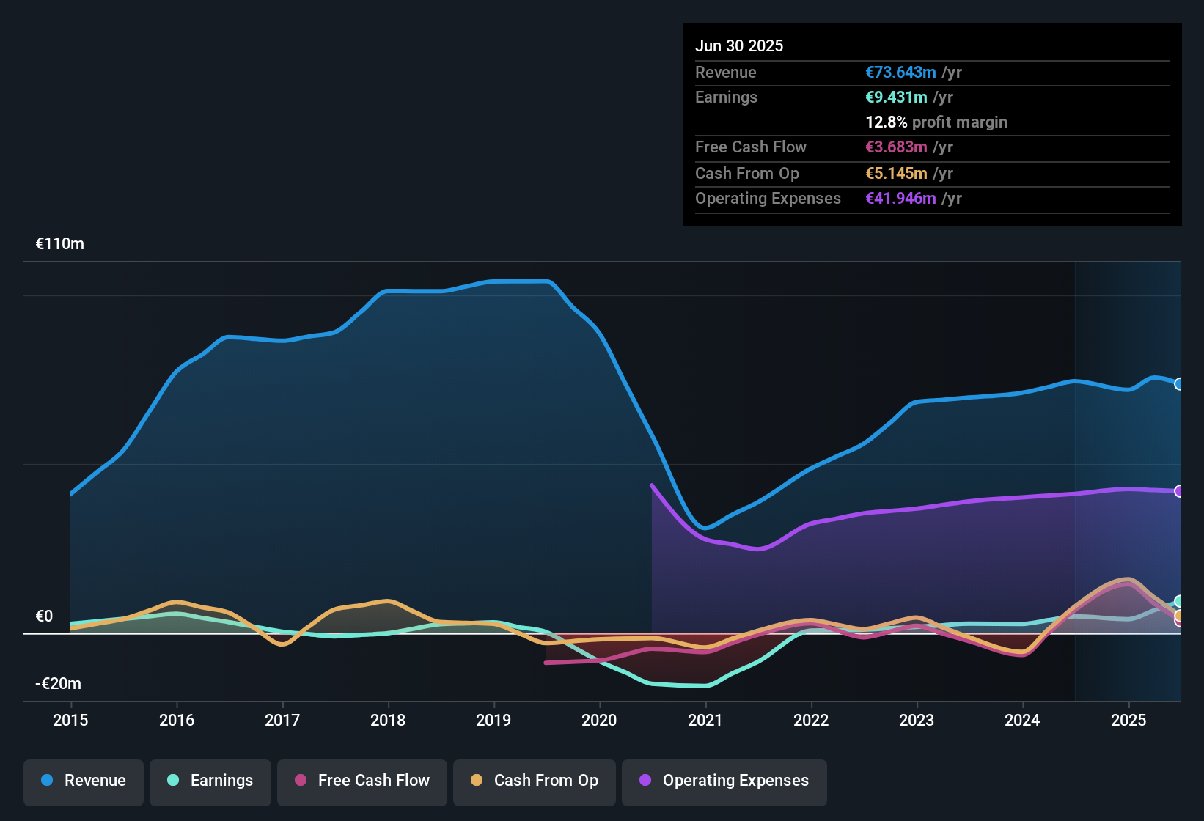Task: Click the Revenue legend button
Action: point(84,781)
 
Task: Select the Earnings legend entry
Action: point(210,781)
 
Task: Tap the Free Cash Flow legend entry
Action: point(362,781)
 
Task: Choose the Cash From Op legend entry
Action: point(535,781)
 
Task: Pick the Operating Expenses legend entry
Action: point(724,781)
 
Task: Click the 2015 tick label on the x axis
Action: point(70,720)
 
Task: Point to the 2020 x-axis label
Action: point(599,720)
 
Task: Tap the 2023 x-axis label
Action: point(917,720)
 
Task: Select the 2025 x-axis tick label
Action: point(1128,720)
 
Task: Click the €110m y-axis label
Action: point(60,244)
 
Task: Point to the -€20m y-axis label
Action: point(59,684)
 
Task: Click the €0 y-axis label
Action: point(44,616)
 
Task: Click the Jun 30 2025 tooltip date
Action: point(739,46)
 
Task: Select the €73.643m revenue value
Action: point(900,73)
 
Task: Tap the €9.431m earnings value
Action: point(896,97)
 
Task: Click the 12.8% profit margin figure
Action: point(887,122)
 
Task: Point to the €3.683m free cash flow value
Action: point(896,147)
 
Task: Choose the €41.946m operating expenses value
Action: point(900,199)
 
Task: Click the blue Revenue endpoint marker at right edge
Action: point(1178,384)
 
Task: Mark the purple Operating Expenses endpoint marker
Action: point(1178,491)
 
